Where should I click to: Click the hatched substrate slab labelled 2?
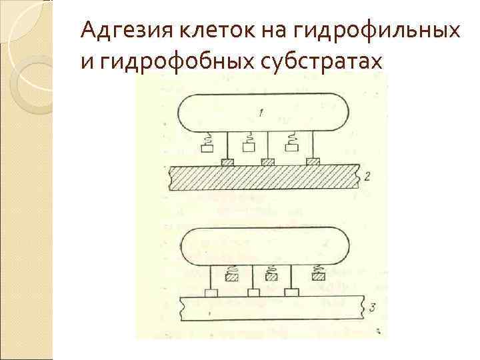pyautogui.click(x=267, y=179)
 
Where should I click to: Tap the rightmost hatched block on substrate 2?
pyautogui.click(x=311, y=161)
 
